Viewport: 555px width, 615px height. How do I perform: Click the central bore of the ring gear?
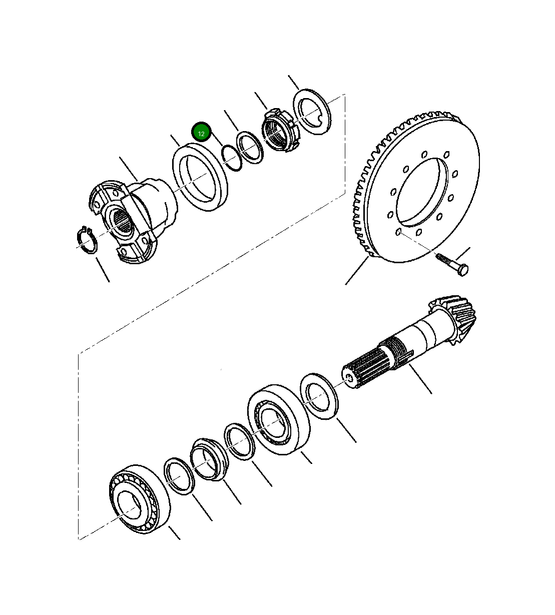(420, 190)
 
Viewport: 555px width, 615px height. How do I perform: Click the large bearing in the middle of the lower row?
(278, 419)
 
